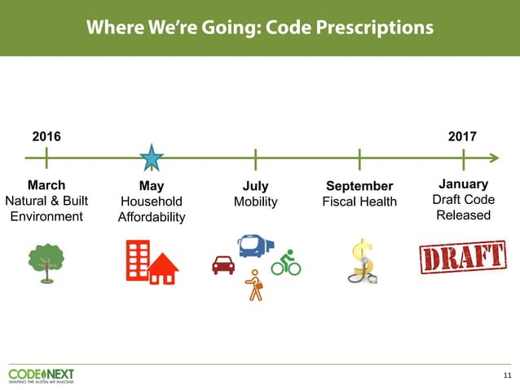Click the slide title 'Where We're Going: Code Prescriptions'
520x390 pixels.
(x=259, y=28)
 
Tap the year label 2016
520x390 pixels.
(x=46, y=136)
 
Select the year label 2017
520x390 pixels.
(x=462, y=136)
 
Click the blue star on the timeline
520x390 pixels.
(x=152, y=158)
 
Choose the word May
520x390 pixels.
(x=152, y=186)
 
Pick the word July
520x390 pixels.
(x=255, y=186)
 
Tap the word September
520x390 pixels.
(x=359, y=186)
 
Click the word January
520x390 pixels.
(x=463, y=184)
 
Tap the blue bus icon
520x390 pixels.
(x=255, y=245)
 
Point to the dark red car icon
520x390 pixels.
(x=223, y=264)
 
